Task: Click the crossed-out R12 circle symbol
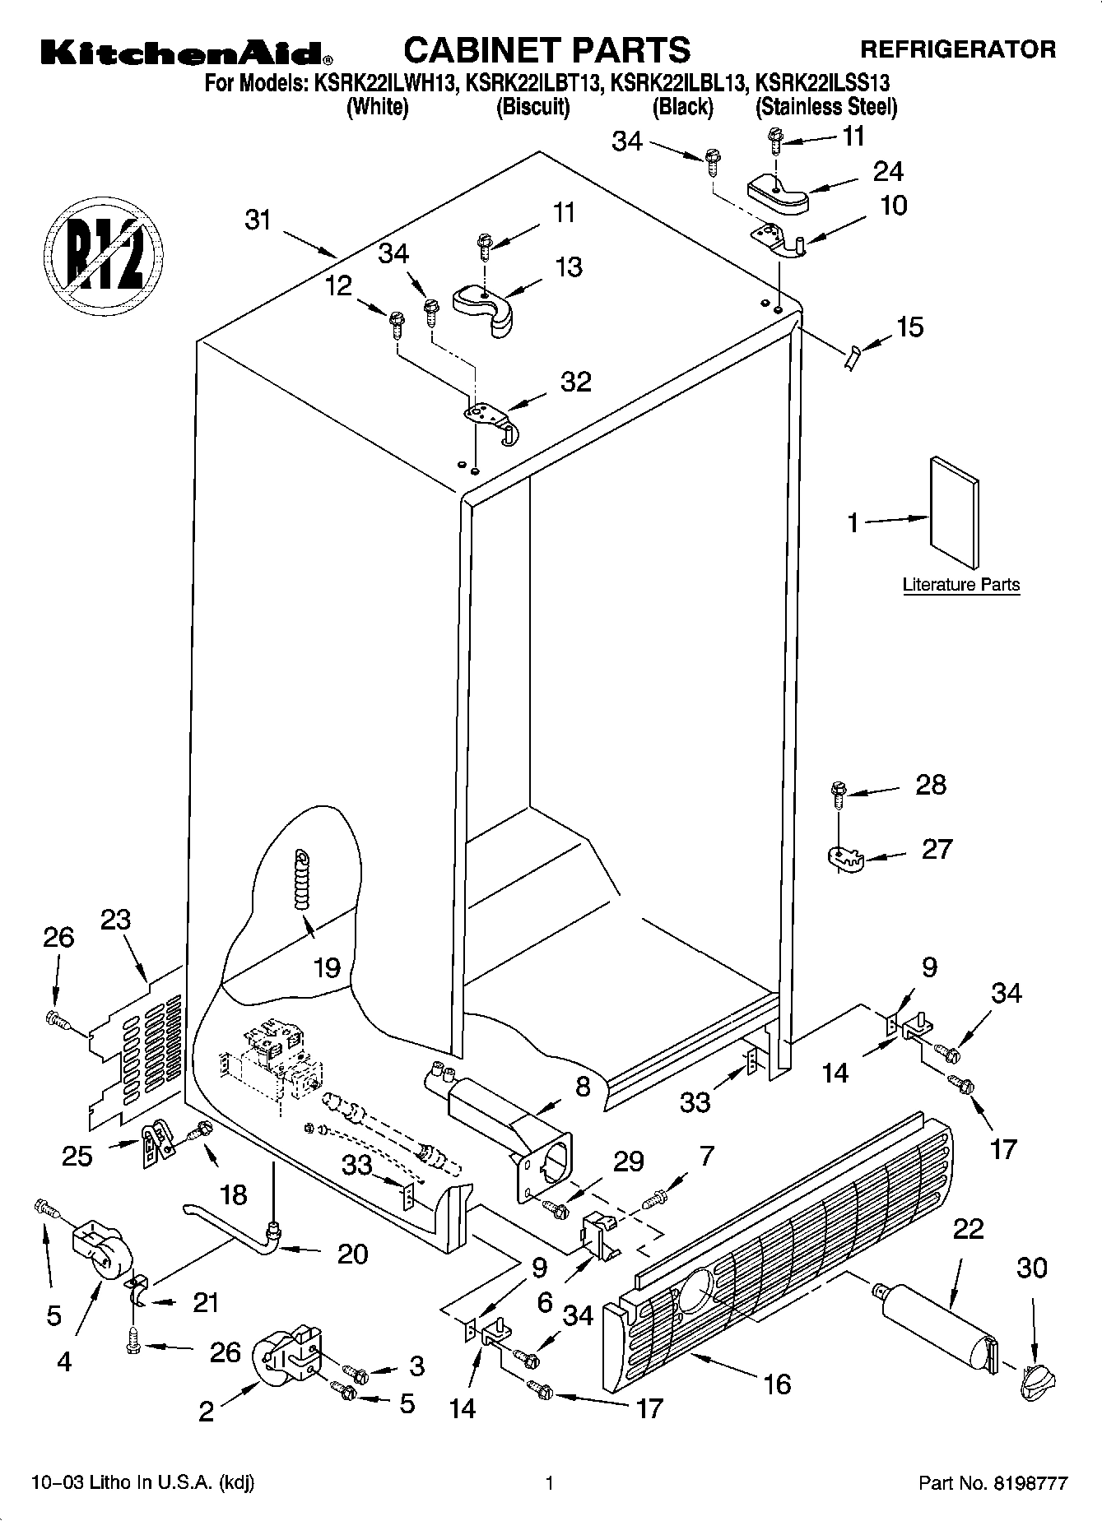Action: point(103,250)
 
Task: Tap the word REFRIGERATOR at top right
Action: point(957,49)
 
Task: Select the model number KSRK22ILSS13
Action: point(822,83)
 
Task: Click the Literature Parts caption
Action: point(960,585)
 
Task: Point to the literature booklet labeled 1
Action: point(955,512)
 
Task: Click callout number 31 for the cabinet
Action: point(258,220)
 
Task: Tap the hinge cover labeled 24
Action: point(777,193)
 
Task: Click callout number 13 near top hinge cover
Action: point(569,267)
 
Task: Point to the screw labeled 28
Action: point(838,792)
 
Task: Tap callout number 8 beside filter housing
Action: point(583,1087)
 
